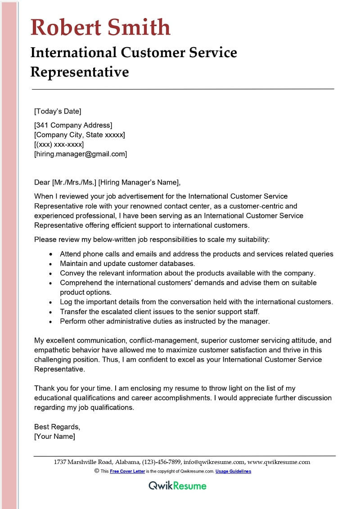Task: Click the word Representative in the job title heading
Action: (x=80, y=72)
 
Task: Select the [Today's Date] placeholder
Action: (x=58, y=111)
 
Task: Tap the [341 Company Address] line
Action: (x=73, y=125)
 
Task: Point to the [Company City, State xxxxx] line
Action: (x=80, y=135)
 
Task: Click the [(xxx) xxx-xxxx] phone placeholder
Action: (x=59, y=144)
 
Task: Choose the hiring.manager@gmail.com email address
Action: (x=81, y=154)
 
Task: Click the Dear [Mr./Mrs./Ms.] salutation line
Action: (x=107, y=182)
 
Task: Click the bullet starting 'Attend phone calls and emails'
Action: (x=197, y=254)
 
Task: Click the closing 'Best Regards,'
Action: (x=57, y=427)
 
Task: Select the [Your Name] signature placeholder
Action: (x=54, y=436)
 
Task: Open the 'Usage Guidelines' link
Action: (x=233, y=471)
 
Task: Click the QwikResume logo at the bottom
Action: (x=178, y=486)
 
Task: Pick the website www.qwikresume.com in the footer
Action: (x=279, y=462)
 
